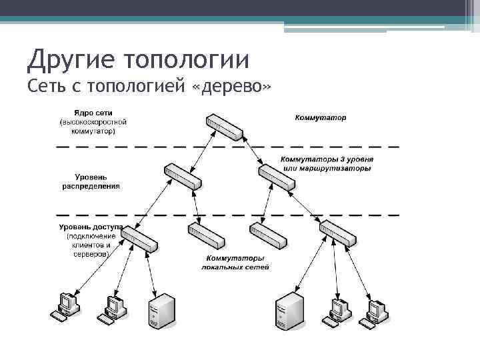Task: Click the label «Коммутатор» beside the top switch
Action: click(x=321, y=118)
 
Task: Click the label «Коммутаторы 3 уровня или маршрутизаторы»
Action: click(x=327, y=164)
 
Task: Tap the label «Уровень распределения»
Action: click(x=91, y=181)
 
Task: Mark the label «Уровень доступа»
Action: click(x=90, y=227)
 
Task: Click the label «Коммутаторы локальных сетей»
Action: click(x=235, y=263)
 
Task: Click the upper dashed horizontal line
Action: click(x=227, y=146)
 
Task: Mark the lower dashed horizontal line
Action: click(x=227, y=215)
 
